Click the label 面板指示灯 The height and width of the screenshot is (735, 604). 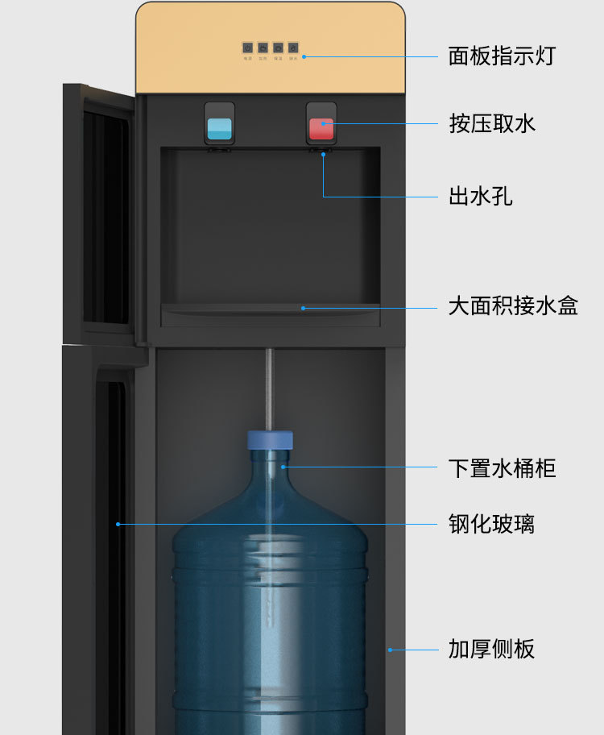coord(501,56)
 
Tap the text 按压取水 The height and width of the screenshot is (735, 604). coord(491,123)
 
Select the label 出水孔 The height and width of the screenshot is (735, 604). coord(480,196)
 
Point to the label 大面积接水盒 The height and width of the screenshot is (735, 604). coord(512,306)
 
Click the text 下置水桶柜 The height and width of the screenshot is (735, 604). coord(502,467)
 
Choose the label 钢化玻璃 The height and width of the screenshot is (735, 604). coord(490,524)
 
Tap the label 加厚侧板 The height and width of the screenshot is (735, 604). coord(490,649)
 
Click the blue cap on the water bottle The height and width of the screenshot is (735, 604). coord(270,440)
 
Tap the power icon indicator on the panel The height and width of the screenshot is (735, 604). coord(248,48)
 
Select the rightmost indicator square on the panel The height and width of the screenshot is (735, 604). coord(293,48)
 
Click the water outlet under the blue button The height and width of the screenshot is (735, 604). coord(218,150)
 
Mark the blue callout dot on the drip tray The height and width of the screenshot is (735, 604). coord(304,307)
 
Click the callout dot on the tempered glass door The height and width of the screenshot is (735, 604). coord(118,524)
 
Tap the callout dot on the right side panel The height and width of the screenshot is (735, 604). coord(389,649)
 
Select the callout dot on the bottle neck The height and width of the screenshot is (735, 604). coord(283,467)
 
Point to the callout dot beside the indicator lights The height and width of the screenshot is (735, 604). coord(304,56)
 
